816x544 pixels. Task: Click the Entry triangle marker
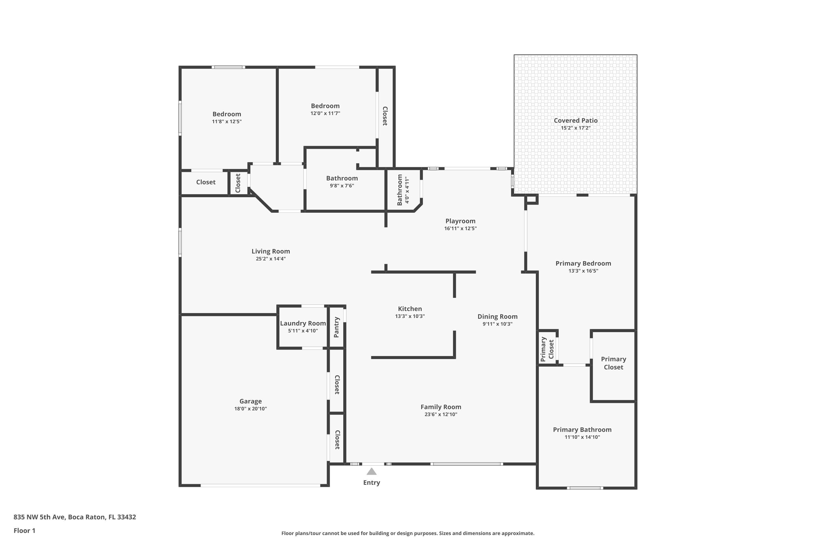(x=371, y=471)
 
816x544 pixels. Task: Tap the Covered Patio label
(x=575, y=120)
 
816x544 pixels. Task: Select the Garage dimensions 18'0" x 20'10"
(x=250, y=409)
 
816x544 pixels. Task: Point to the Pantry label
(x=336, y=327)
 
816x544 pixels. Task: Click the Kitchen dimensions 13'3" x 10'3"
(x=409, y=316)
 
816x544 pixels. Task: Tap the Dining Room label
(x=497, y=316)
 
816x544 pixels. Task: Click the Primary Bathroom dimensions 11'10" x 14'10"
(x=582, y=437)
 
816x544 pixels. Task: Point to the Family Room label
(x=441, y=407)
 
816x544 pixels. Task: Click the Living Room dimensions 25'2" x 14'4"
(x=271, y=259)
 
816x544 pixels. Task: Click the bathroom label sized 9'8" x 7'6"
(x=342, y=178)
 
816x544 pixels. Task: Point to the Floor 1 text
(x=24, y=530)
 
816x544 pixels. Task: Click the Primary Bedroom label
(x=583, y=263)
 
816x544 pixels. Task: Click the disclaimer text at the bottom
(x=408, y=533)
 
